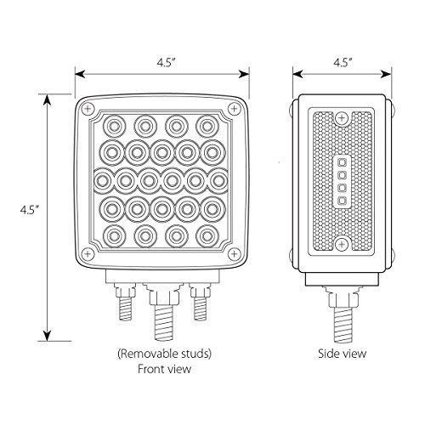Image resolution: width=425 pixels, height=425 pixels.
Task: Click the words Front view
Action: pyautogui.click(x=161, y=370)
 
